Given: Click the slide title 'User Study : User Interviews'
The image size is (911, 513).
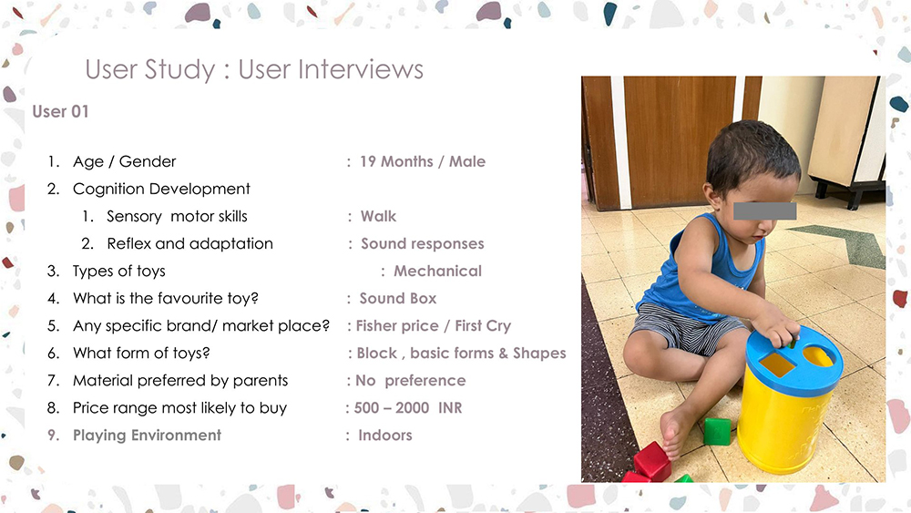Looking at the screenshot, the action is [x=254, y=70].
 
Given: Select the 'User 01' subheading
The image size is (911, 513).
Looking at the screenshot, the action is [x=60, y=111].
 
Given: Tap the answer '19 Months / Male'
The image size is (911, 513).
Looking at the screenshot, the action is [x=423, y=161].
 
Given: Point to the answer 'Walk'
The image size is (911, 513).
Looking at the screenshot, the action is [x=378, y=216].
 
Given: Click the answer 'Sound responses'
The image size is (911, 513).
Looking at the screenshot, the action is [x=423, y=244].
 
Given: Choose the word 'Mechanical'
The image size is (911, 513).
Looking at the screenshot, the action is [x=437, y=271].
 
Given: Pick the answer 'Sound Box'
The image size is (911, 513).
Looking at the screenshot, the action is [x=398, y=299].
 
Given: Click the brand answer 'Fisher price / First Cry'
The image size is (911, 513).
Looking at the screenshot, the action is [x=434, y=326].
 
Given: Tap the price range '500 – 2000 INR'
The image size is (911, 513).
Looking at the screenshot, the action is [x=408, y=408].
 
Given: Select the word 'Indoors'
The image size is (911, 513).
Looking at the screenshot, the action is [x=385, y=436].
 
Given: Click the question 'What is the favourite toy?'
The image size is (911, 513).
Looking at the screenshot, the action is [x=166, y=299].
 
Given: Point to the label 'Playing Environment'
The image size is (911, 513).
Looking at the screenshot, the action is [x=147, y=436].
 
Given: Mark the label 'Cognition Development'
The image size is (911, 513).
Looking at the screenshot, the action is [x=161, y=189].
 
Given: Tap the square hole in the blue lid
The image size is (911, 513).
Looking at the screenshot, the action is [x=777, y=364].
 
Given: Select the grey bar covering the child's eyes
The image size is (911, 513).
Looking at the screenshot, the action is [x=764, y=210].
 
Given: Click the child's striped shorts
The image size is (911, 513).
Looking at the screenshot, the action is [x=687, y=328].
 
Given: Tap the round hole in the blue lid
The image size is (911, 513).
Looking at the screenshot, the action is [x=818, y=356].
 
